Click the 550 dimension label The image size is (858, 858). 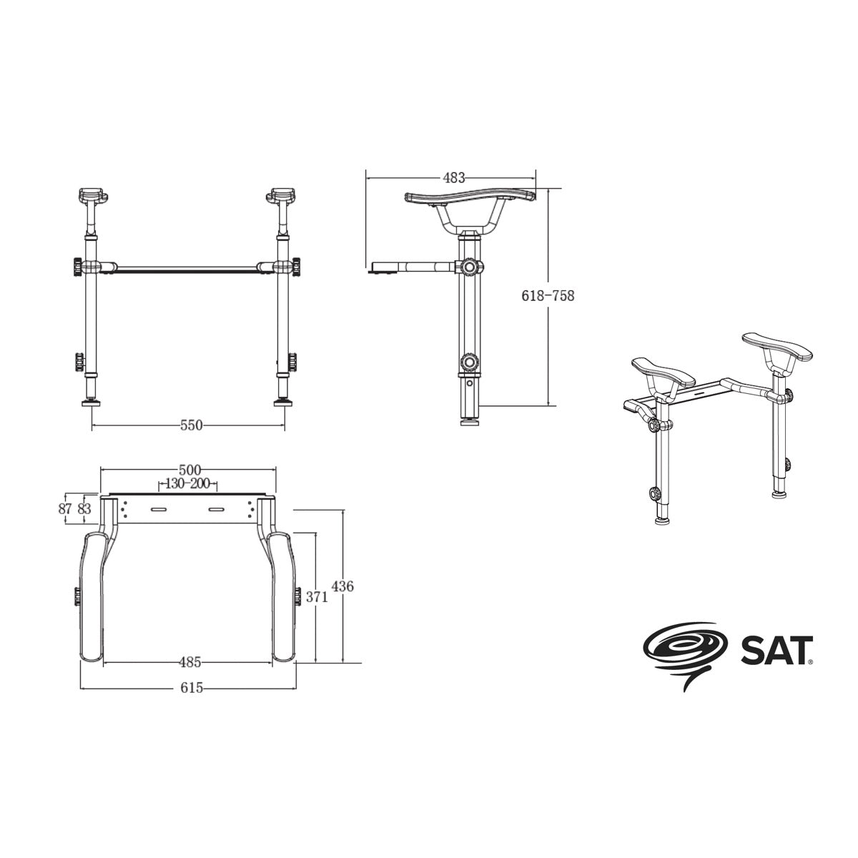pos(191,425)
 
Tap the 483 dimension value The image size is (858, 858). pos(454,178)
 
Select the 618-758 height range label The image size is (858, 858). pos(548,295)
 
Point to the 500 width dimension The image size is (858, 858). pos(190,470)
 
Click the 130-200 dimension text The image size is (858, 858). pos(187,483)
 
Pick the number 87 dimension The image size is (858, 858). pos(65,508)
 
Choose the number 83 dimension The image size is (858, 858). pos(84,508)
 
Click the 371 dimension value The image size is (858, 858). pos(317,598)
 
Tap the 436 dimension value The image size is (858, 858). pos(342,586)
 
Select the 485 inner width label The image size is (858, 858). pos(190,663)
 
